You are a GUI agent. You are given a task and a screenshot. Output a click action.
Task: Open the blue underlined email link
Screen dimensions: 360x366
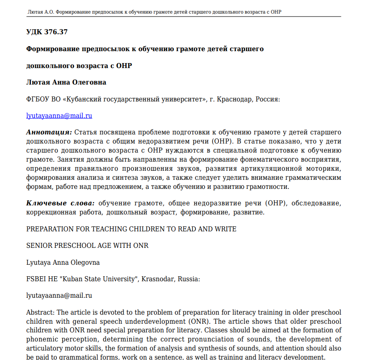pos(59,116)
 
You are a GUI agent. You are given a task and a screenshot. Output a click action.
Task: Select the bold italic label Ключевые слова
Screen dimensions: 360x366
pos(61,203)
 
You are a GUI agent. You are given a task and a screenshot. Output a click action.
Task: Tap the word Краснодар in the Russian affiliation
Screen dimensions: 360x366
pos(233,99)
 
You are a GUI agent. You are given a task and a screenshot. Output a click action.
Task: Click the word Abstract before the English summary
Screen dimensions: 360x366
pos(40,313)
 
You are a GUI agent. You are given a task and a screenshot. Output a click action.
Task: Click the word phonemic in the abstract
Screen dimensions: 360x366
pos(43,339)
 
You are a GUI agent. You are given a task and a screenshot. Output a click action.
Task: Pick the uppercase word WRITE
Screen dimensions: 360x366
pos(225,229)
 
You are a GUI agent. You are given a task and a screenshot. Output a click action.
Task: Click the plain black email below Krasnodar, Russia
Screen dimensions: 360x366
pos(59,296)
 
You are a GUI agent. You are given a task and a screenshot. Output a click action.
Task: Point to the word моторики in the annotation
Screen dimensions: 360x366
pos(326,168)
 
